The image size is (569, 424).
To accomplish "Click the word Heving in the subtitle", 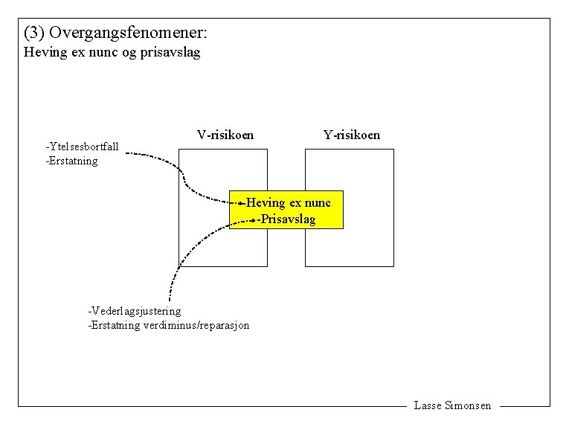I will pyautogui.click(x=43, y=53).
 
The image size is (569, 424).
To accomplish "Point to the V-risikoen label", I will pyautogui.click(x=225, y=135).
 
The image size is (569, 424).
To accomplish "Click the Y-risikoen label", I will pyautogui.click(x=351, y=135).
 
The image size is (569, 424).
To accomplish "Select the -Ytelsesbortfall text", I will pyautogui.click(x=82, y=147).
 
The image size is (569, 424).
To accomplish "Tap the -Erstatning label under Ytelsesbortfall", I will pyautogui.click(x=71, y=160).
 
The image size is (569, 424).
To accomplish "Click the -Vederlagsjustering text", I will pyautogui.click(x=134, y=310).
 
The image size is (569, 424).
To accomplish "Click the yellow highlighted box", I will pyautogui.click(x=286, y=210).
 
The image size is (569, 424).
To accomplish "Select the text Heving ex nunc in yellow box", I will pyautogui.click(x=289, y=202).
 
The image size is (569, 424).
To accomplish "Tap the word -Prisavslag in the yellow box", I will pyautogui.click(x=287, y=219).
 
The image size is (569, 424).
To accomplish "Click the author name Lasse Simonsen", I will pyautogui.click(x=452, y=405).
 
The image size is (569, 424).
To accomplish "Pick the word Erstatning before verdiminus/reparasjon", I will pyautogui.click(x=114, y=325).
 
